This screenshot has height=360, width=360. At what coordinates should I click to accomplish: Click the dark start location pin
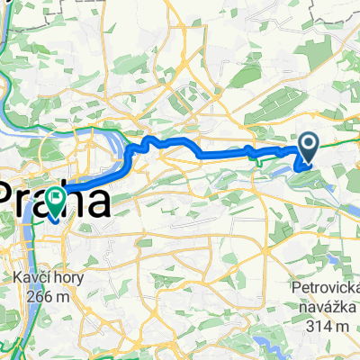(x=308, y=145)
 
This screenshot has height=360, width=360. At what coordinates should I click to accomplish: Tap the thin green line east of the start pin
(x=337, y=142)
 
